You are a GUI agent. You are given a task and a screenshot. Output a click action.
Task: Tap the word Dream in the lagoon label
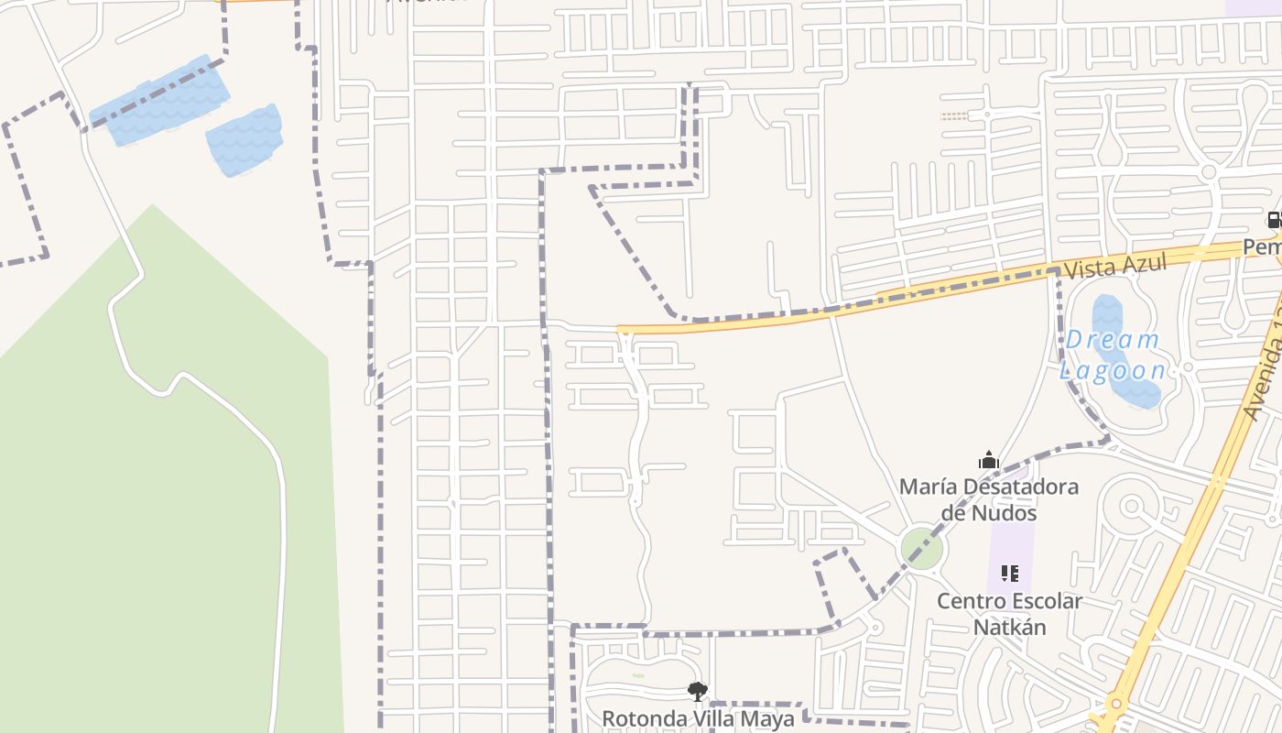(1113, 340)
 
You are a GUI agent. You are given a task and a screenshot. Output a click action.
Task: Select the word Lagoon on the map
(1113, 370)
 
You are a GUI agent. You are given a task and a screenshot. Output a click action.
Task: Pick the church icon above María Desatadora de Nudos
(988, 460)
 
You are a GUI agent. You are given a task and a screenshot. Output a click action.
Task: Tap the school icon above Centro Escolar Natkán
(1009, 574)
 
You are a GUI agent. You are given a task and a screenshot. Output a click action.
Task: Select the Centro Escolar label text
(1009, 601)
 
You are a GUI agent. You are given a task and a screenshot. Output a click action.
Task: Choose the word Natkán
(1009, 627)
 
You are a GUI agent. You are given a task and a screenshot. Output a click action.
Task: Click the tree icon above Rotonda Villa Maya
(698, 692)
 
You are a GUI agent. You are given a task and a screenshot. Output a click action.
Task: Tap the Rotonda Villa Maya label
(698, 718)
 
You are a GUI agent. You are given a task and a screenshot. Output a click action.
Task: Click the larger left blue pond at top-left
(163, 104)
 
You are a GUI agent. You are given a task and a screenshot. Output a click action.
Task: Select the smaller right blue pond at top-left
(244, 140)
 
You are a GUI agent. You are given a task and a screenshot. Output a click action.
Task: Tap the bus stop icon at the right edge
(1273, 220)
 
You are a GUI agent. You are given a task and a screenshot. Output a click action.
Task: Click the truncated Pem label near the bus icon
(1262, 247)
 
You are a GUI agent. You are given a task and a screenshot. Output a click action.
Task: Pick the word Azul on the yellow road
(1143, 264)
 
